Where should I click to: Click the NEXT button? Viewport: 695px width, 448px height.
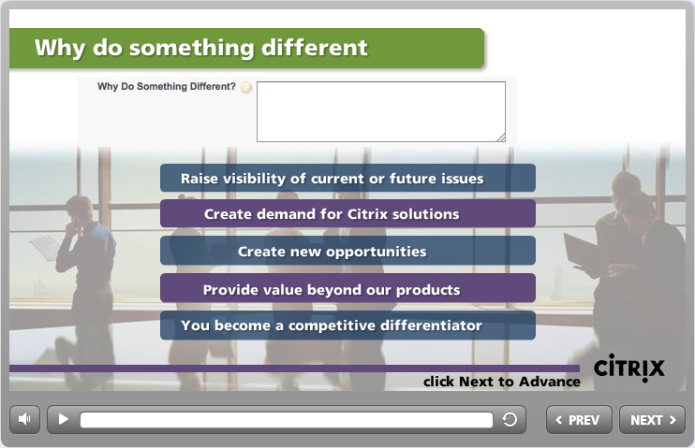click(652, 420)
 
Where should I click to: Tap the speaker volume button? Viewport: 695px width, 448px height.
click(24, 419)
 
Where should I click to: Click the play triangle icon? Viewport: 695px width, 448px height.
click(64, 419)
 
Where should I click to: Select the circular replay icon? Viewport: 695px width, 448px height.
click(510, 419)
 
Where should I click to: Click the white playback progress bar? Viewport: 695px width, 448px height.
click(287, 420)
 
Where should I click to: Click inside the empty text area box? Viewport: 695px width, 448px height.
click(380, 111)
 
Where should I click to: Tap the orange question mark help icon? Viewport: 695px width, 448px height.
click(246, 87)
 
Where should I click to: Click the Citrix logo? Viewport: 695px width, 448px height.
click(628, 368)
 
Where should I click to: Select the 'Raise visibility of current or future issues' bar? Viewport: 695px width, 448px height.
click(347, 178)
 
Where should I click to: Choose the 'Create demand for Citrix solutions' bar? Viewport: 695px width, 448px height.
click(347, 214)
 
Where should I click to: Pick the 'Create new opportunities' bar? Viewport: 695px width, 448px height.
click(347, 251)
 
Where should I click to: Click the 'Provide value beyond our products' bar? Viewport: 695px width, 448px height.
click(347, 289)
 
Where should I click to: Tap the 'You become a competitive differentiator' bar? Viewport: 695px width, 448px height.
click(347, 325)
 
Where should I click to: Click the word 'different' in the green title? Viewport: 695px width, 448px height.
click(315, 47)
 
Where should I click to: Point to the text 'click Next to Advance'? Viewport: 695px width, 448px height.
click(502, 382)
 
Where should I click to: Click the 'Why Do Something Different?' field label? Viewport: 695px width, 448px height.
click(167, 86)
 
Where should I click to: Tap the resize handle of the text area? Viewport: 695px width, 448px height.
click(501, 137)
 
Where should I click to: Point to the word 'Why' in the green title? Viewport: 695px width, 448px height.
click(60, 48)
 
